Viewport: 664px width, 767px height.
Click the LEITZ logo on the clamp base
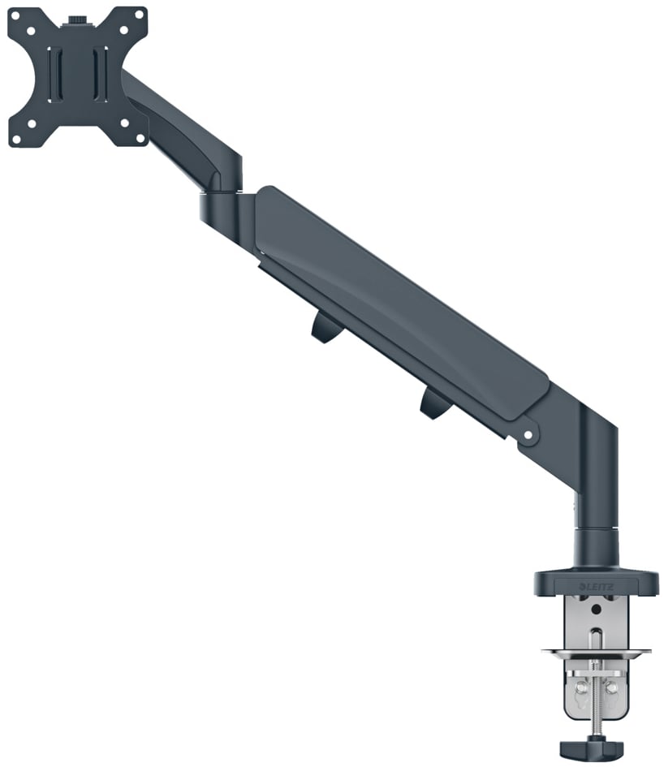click(x=597, y=587)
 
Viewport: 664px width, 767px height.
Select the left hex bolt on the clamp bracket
click(x=580, y=688)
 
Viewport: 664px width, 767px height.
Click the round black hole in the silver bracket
click(x=596, y=609)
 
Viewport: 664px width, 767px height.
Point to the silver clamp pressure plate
click(x=597, y=652)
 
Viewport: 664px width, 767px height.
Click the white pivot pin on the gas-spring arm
click(x=528, y=434)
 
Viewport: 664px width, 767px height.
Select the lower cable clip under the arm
click(x=434, y=404)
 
